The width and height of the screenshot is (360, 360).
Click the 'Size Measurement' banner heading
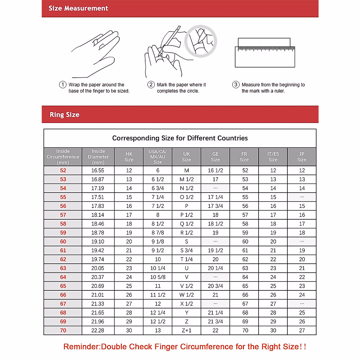pos(78,8)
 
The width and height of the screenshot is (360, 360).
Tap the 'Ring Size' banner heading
pos(64,115)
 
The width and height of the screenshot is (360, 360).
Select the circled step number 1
pos(62,85)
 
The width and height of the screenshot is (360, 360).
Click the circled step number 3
pos(236,85)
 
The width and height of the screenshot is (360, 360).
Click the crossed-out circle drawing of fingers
pos(200,41)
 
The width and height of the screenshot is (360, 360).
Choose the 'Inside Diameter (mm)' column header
pos(98,157)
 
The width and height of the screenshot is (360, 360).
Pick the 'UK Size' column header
pos(187,157)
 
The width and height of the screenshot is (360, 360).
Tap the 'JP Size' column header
pos(302,157)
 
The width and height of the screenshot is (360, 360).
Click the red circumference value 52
pos(63,170)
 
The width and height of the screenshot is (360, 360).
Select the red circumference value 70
pos(63,330)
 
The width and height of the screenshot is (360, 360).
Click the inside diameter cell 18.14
pos(98,215)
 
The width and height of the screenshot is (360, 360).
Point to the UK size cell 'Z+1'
pos(187,330)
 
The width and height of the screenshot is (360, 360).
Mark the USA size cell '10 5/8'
pos(158,277)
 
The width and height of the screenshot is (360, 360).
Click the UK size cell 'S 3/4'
pos(187,250)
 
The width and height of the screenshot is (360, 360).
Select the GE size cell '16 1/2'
pos(215,170)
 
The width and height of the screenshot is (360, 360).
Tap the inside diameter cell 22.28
pos(98,330)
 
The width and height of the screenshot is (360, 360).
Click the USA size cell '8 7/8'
pos(158,232)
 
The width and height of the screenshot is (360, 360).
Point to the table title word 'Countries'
pos(232,138)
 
